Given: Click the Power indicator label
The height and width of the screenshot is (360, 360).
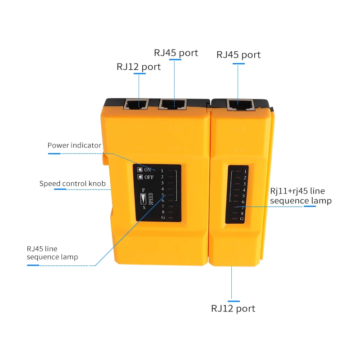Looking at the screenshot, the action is point(74,145).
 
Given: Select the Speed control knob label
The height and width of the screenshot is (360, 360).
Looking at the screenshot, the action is point(72,183).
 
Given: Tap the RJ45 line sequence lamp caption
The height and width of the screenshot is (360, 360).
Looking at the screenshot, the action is point(52,252).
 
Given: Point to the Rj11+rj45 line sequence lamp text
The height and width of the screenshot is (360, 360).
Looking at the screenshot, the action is point(301,196).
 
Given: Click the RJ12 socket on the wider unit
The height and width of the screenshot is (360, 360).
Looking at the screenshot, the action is point(135,105).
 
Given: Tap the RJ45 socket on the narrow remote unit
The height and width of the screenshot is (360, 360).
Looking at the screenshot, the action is point(241,105).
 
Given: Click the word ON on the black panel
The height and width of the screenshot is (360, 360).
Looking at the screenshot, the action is point(148,170).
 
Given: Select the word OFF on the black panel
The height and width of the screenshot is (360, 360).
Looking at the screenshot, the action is point(149,177).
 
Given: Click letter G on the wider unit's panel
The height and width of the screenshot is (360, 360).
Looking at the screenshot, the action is point(162,218).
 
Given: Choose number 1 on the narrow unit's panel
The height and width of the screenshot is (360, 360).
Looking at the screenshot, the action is point(245,171).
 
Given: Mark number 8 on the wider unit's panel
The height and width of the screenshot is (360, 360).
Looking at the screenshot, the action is point(162,212).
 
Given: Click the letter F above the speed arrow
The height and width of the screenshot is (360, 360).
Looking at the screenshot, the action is point(142,190).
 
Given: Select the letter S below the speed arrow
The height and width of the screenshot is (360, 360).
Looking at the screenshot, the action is point(144,207).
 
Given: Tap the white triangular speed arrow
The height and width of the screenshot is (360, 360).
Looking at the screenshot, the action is point(143,198).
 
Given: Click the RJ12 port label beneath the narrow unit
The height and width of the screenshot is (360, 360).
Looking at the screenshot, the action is point(233,308).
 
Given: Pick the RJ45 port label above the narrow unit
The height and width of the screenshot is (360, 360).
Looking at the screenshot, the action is point(238,54).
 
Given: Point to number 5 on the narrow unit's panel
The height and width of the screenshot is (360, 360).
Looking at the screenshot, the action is point(243,196).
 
